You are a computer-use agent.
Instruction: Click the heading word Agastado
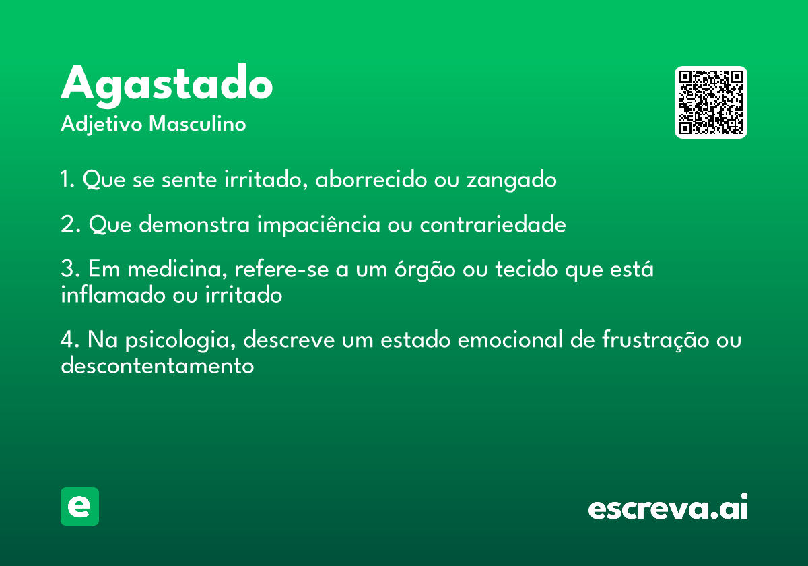point(167,86)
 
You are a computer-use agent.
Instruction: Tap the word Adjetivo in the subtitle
point(102,125)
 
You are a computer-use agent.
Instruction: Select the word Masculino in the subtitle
point(197,123)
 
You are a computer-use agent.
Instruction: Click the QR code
point(710,102)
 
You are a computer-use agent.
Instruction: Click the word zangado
point(512,181)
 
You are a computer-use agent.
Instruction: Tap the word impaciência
point(318,225)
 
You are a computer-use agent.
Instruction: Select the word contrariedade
point(493,224)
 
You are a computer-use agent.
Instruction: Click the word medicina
point(178,270)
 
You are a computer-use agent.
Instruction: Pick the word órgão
point(425,270)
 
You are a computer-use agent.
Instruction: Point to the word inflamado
point(113,294)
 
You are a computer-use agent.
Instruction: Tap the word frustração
point(655,340)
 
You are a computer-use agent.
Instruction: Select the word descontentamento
point(158,365)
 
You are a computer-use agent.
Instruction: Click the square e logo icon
point(79,506)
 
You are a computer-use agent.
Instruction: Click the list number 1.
point(67,179)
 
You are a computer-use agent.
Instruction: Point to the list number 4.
point(70,340)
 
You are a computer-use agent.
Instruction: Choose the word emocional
point(510,340)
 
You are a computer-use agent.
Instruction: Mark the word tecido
point(527,269)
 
